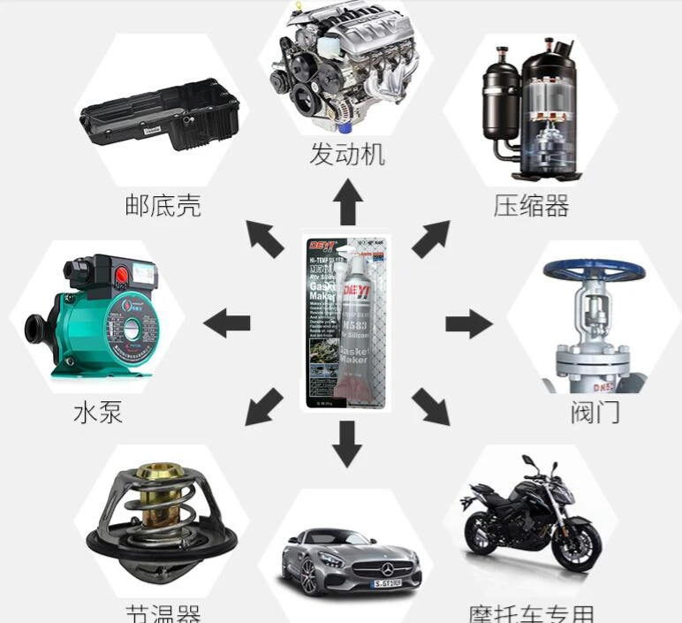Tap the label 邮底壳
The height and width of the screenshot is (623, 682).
tap(163, 207)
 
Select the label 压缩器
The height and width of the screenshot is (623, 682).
tap(531, 206)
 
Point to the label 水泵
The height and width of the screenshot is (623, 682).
tap(97, 413)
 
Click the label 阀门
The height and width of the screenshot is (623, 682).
tap(595, 411)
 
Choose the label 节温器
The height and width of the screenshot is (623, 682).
tap(163, 612)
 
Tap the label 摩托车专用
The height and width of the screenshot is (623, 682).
tap(531, 612)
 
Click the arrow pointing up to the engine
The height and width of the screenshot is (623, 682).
tap(348, 201)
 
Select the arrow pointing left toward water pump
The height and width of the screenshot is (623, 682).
tap(227, 323)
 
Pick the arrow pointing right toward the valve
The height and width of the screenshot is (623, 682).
tap(467, 323)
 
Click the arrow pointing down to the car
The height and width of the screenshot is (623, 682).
tap(348, 444)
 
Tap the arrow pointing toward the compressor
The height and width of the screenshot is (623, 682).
tap(430, 239)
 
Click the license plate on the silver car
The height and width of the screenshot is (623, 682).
tap(385, 582)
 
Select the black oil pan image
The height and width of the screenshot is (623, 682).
tap(161, 113)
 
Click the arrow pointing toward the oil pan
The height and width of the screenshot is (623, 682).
tap(264, 239)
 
